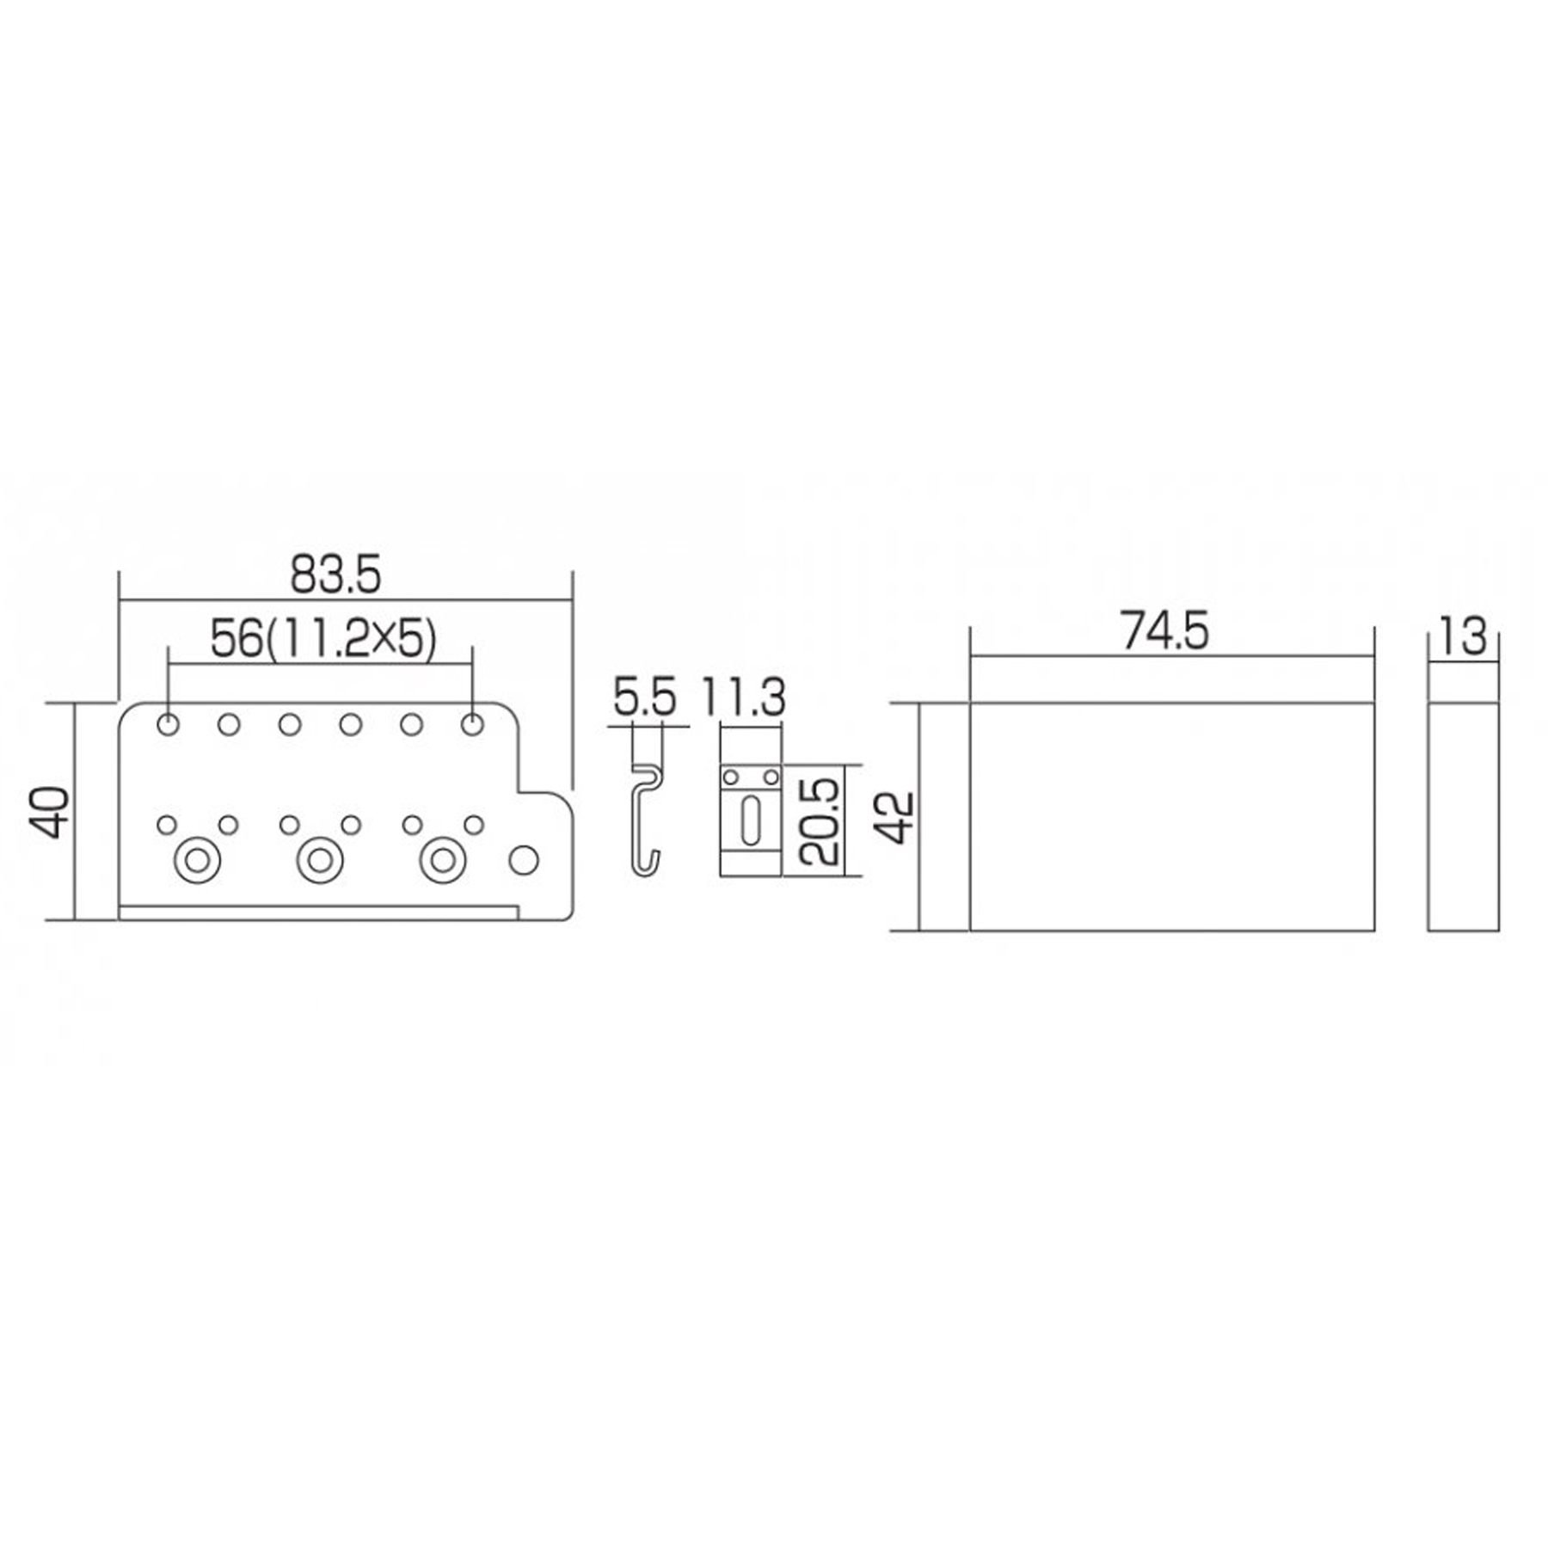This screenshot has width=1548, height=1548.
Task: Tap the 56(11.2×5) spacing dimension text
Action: point(323,640)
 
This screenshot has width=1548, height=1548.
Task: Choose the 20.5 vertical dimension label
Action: point(818,821)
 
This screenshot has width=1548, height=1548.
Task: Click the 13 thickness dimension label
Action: point(1462,637)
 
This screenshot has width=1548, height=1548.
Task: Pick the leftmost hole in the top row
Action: point(169,724)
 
